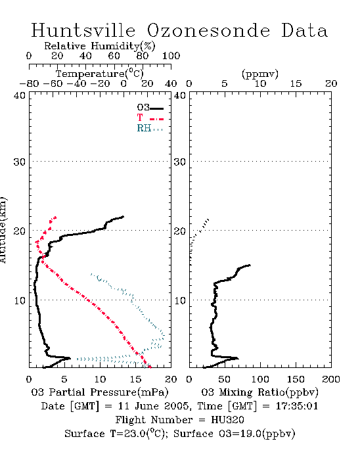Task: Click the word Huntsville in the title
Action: click(83, 30)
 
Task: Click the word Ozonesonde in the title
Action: click(208, 30)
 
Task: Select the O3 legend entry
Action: click(150, 108)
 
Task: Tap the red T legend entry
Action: click(150, 118)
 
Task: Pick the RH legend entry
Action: click(150, 128)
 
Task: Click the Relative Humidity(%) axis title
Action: click(100, 46)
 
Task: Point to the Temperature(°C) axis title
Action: click(100, 74)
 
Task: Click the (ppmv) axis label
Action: click(260, 74)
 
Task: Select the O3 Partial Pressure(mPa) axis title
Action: click(100, 392)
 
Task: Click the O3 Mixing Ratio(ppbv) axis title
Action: click(259, 392)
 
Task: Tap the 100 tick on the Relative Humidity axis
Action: click(171, 56)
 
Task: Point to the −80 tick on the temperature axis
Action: click(29, 83)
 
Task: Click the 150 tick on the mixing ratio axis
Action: click(296, 379)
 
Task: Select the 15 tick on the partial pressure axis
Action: click(135, 379)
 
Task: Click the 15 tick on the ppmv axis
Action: click(296, 83)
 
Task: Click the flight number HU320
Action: click(227, 420)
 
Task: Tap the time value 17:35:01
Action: click(297, 406)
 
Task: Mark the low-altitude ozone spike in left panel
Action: click(68, 358)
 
